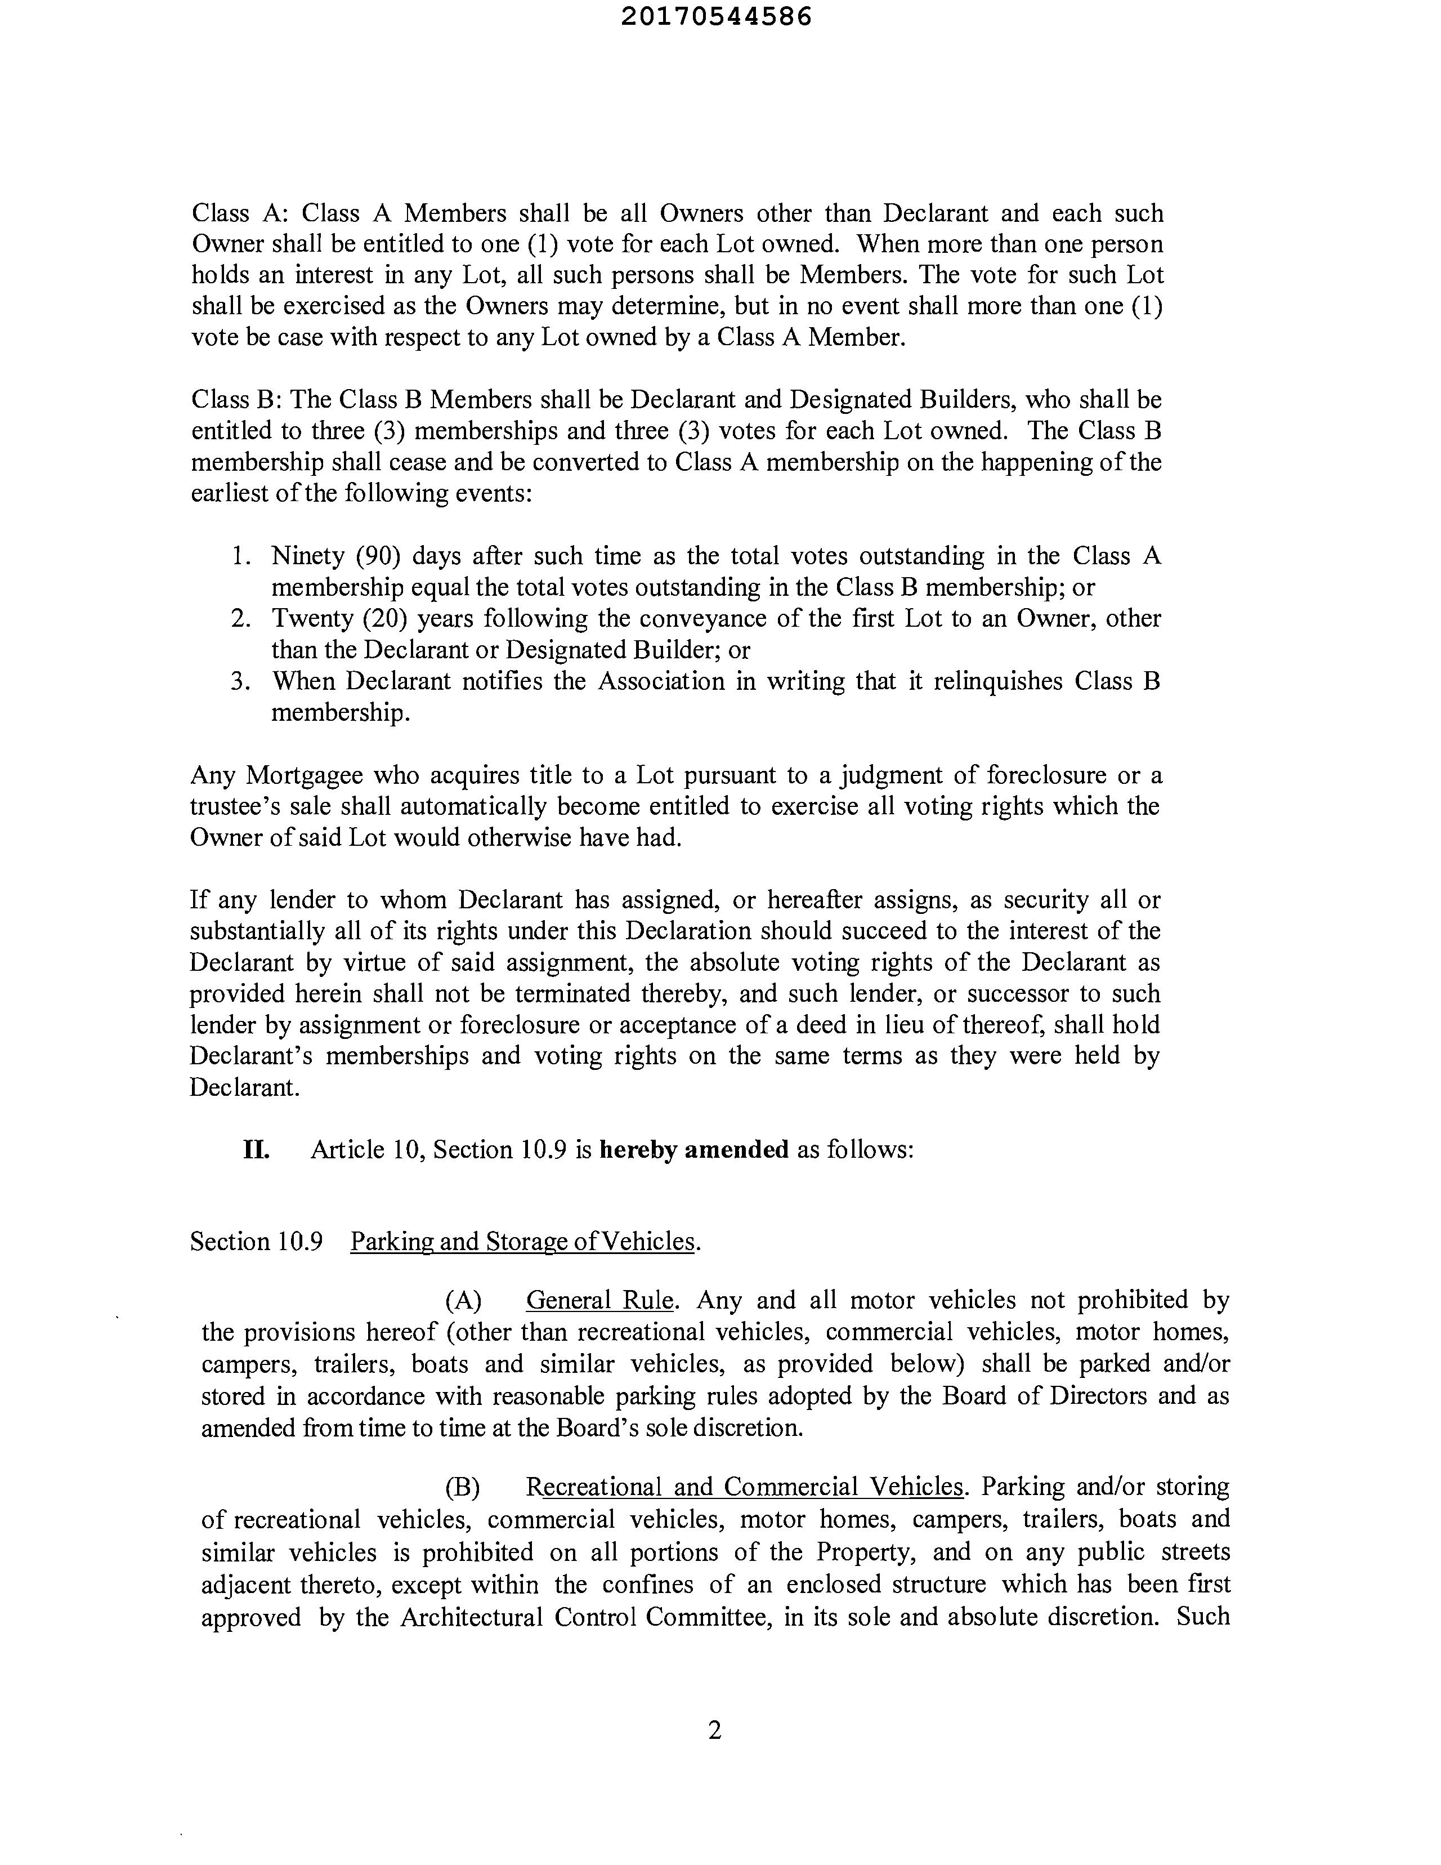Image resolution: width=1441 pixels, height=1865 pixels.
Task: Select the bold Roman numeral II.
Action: coord(256,1149)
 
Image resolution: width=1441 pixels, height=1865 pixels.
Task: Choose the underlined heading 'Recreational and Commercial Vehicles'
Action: coord(744,1487)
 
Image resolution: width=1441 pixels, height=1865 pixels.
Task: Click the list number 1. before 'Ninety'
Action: coord(241,556)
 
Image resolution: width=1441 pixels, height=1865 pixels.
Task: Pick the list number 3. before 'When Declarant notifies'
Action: coord(241,681)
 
